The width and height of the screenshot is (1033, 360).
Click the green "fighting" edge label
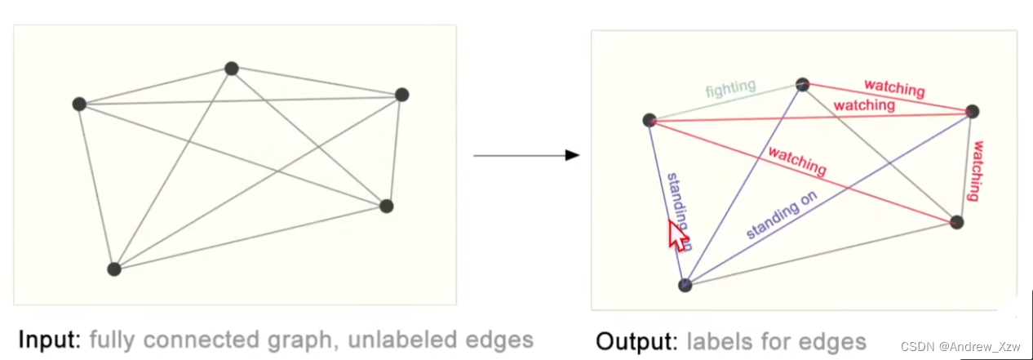tap(730, 90)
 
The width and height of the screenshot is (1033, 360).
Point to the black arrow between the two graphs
tap(526, 155)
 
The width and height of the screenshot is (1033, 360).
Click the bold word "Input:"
tap(50, 340)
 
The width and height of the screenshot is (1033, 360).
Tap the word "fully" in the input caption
tap(111, 340)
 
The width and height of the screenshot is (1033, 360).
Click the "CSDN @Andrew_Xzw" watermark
tap(973, 349)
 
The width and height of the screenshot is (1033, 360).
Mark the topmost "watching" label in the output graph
tap(894, 87)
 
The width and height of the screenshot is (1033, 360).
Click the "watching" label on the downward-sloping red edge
tap(797, 162)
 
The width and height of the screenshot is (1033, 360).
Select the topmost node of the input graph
tap(231, 69)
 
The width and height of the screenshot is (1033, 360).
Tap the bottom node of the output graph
tap(685, 285)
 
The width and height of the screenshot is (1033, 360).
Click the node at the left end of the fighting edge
tap(650, 120)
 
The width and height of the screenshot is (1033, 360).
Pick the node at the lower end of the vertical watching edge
tap(957, 222)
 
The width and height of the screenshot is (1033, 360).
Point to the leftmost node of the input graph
tap(79, 104)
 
